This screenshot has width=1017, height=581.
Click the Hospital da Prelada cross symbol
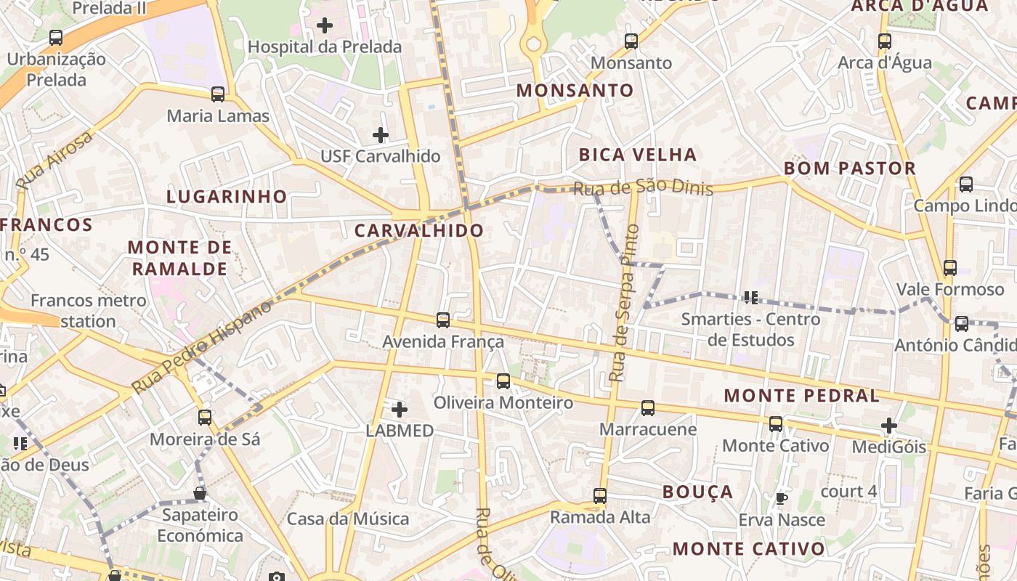pyautogui.click(x=325, y=26)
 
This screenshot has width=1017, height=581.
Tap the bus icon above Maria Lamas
pyautogui.click(x=217, y=94)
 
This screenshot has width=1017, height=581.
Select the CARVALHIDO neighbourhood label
pyautogui.click(x=419, y=231)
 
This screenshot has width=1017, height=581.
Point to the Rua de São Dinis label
pyautogui.click(x=643, y=189)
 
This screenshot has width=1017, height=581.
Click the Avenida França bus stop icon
pyautogui.click(x=443, y=320)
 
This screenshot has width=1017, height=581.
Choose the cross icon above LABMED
pyautogui.click(x=399, y=410)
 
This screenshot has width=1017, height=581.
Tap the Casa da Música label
pyautogui.click(x=348, y=519)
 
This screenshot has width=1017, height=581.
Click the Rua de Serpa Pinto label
pyautogui.click(x=624, y=304)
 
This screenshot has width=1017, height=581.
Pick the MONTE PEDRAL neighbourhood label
pyautogui.click(x=802, y=396)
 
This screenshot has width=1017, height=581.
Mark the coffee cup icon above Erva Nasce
pyautogui.click(x=781, y=499)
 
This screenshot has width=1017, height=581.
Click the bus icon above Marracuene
pyautogui.click(x=648, y=408)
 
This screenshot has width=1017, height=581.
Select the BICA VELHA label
pyautogui.click(x=637, y=155)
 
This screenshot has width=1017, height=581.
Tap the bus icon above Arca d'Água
pyautogui.click(x=884, y=41)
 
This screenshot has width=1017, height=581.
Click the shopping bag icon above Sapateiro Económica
pyautogui.click(x=200, y=494)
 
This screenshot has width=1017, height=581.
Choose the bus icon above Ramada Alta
pyautogui.click(x=600, y=496)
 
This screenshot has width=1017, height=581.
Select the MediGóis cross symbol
pyautogui.click(x=889, y=426)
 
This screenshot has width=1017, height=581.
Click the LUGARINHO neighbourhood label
pyautogui.click(x=227, y=197)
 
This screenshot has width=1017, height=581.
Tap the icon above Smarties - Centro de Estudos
pyautogui.click(x=751, y=297)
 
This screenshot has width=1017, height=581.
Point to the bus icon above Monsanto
pyautogui.click(x=631, y=41)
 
